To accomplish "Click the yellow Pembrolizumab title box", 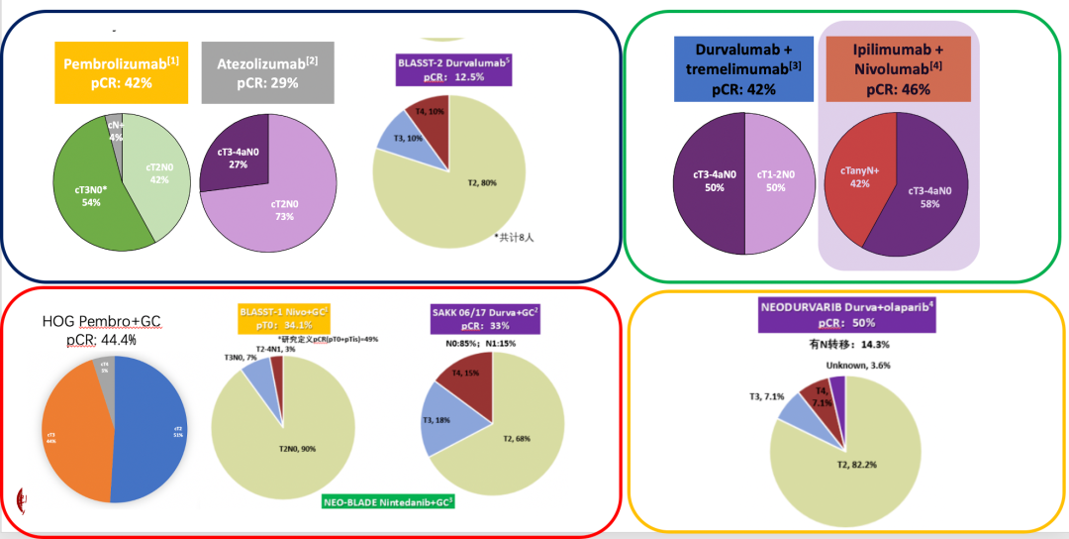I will point(108,73).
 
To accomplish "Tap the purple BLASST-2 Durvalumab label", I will point(452,67).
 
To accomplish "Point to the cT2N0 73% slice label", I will point(283,210).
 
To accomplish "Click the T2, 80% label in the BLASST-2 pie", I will point(485,182).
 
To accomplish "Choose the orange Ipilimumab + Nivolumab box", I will point(898,68).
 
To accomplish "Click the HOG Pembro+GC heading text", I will point(103,331).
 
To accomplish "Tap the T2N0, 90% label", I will point(295,448).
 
